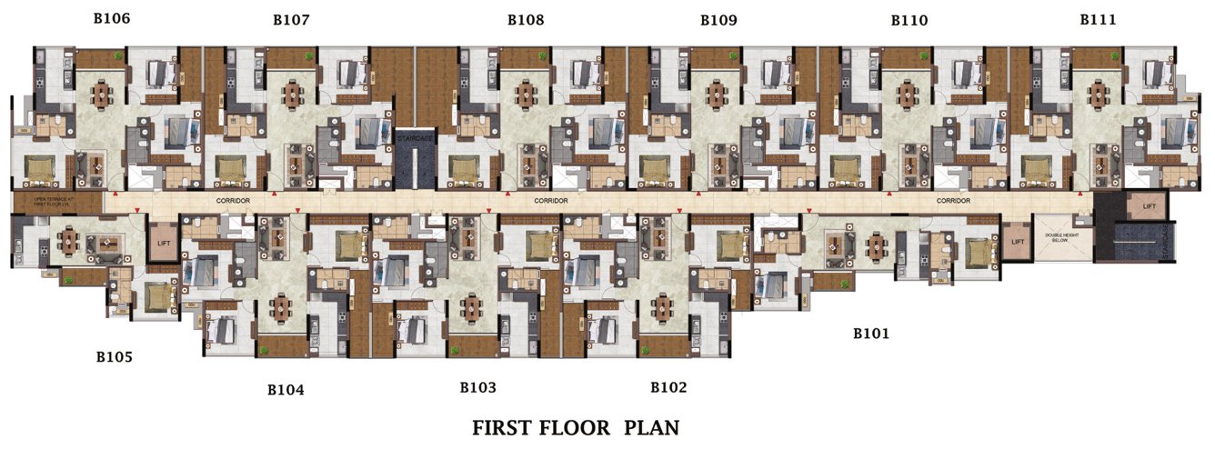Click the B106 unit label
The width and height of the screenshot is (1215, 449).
[x=112, y=17]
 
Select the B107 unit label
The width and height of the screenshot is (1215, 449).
[x=291, y=19]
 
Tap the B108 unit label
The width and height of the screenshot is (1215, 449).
[x=526, y=19]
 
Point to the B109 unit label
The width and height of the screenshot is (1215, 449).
[x=718, y=19]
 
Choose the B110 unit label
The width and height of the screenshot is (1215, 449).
[x=909, y=20]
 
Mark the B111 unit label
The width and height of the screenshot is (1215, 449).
[x=1098, y=19]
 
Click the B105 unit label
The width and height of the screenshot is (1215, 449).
[x=115, y=357]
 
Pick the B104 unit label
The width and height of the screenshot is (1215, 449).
[x=286, y=390]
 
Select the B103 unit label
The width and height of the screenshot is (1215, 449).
[x=477, y=388]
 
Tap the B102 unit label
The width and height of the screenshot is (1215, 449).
[x=668, y=387]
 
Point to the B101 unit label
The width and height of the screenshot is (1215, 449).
[x=870, y=334]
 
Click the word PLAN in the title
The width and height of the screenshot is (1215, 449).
[x=652, y=427]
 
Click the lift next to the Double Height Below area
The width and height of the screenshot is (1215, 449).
[x=1017, y=242]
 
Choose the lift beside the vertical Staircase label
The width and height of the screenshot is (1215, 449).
[x=1150, y=206]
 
